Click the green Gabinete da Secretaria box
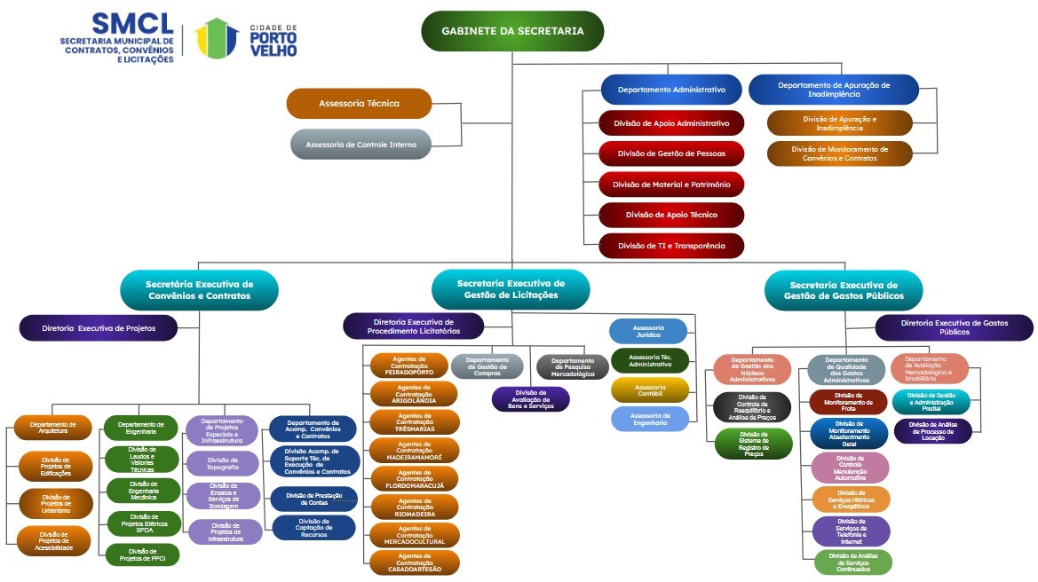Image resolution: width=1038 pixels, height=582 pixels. pyautogui.click(x=512, y=31)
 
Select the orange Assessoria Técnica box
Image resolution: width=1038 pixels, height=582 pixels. pyautogui.click(x=359, y=104)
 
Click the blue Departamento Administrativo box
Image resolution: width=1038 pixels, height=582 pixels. pyautogui.click(x=671, y=90)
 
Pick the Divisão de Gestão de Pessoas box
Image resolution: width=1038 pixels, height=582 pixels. pyautogui.click(x=671, y=153)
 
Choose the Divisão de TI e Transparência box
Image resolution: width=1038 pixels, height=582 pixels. pyautogui.click(x=671, y=245)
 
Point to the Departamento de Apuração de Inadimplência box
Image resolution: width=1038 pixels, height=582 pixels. pyautogui.click(x=833, y=90)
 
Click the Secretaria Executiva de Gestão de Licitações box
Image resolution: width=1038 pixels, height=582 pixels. pyautogui.click(x=511, y=289)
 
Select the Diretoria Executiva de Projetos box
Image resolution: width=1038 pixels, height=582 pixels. pyautogui.click(x=99, y=328)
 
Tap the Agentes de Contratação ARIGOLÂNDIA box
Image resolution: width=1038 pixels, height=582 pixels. pyautogui.click(x=415, y=394)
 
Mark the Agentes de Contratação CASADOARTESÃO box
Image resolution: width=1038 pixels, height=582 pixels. pyautogui.click(x=415, y=562)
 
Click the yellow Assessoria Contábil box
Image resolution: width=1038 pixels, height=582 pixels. pyautogui.click(x=650, y=389)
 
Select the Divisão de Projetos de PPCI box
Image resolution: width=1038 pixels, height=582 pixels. pyautogui.click(x=142, y=555)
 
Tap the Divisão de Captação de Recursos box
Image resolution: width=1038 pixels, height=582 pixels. pyautogui.click(x=314, y=528)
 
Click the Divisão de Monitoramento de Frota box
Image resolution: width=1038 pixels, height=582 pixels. pyautogui.click(x=848, y=402)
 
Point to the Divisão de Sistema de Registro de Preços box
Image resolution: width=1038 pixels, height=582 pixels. pyautogui.click(x=753, y=444)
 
